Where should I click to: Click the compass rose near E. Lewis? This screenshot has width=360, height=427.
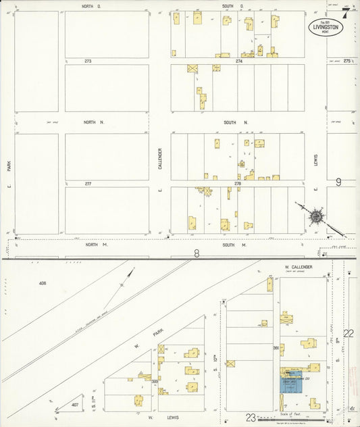point(315,216)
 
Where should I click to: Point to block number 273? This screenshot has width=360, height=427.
point(88,61)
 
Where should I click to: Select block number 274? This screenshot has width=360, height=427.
point(238,61)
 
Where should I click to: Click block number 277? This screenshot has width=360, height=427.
point(88,183)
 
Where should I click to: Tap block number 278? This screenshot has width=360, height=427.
point(238,183)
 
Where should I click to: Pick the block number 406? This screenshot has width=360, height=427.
point(45,284)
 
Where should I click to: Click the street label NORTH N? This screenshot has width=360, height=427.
point(91,122)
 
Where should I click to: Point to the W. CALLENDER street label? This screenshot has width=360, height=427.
point(298,268)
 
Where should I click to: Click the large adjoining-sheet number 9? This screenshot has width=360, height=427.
point(338,181)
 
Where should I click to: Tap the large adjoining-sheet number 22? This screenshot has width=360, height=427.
point(348,333)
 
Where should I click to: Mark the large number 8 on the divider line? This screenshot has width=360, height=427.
point(197,254)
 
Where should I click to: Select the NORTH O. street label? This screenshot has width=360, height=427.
point(91,6)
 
